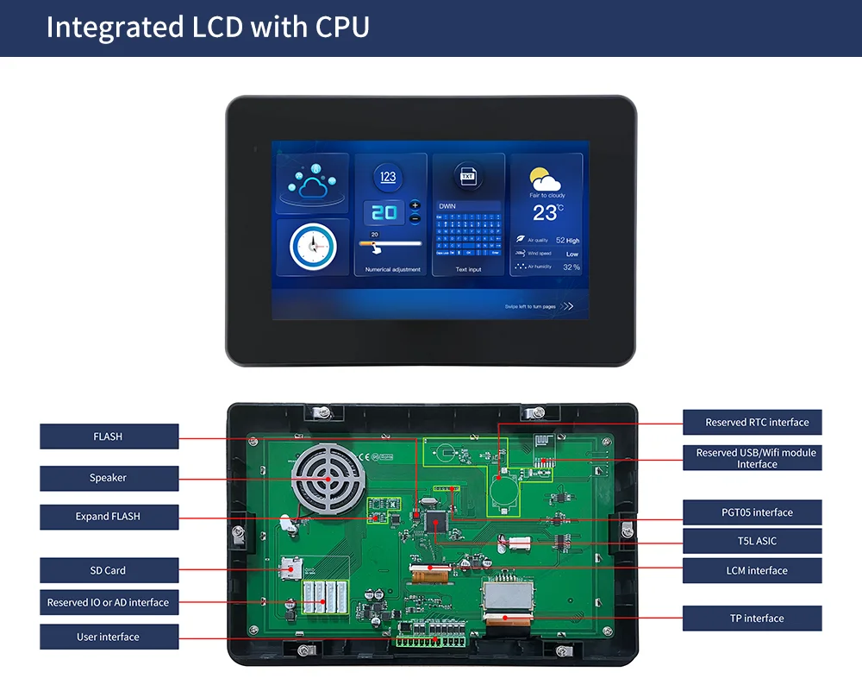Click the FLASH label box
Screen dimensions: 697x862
[109, 436]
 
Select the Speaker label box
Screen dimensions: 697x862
[109, 478]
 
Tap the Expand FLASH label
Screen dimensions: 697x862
[109, 517]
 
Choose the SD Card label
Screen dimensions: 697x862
[109, 570]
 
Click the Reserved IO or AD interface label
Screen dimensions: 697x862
[109, 602]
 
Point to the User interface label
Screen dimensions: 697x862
[109, 637]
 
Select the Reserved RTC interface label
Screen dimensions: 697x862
[752, 422]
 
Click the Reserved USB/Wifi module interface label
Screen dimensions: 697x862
[752, 458]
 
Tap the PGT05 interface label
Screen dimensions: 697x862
[752, 512]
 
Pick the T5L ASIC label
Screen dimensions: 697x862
[752, 541]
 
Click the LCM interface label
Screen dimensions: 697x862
[752, 570]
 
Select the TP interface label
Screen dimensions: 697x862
[752, 619]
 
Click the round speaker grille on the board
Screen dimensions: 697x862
[327, 480]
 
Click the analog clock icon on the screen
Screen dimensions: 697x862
[312, 248]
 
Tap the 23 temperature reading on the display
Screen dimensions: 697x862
[545, 213]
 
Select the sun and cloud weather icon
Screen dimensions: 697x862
[546, 179]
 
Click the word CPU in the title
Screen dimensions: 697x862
[342, 27]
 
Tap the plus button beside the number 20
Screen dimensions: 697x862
[415, 205]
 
